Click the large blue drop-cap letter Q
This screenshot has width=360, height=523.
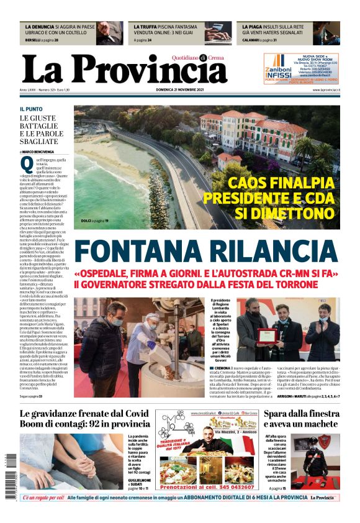coord(26,165)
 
